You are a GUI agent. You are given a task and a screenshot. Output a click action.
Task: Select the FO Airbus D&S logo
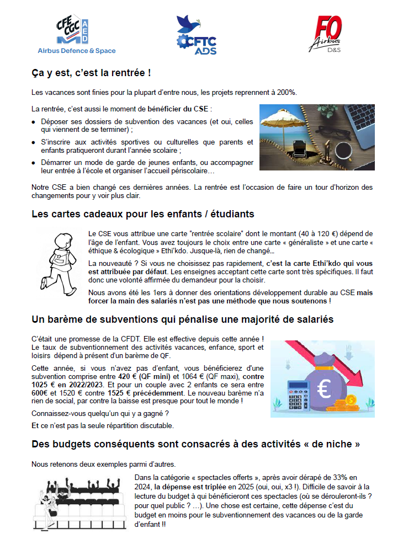(x=330, y=34)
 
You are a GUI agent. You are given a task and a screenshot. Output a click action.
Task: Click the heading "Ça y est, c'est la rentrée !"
(x=91, y=73)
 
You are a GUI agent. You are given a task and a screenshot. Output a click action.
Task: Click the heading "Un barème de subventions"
(x=182, y=319)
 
